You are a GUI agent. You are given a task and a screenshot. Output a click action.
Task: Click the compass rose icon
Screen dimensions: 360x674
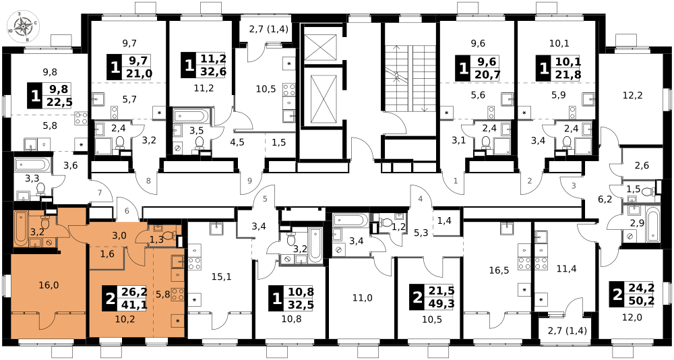point(23,26)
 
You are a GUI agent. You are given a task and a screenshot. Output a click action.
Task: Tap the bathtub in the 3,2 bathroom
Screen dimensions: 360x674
point(21,227)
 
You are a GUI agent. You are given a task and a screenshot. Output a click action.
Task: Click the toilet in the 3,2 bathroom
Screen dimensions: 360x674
point(45,222)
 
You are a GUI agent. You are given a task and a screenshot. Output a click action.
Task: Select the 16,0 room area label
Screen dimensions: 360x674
point(49,285)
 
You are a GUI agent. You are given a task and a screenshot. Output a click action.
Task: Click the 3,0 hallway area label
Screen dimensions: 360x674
point(119,235)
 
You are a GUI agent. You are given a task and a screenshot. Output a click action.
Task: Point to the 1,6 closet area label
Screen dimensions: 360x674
point(107,253)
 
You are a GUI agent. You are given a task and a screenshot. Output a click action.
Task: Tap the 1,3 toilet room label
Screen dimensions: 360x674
point(156,239)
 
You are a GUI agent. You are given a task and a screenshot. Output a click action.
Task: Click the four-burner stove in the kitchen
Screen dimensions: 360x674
point(178,294)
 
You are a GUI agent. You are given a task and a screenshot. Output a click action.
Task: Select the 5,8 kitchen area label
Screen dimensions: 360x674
point(162,294)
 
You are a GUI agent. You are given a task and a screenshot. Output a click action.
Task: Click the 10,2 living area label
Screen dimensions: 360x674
point(125,319)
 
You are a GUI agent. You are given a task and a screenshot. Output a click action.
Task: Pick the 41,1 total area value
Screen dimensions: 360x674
point(133,304)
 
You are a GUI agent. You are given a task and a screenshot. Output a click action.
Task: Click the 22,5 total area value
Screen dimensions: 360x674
point(57,102)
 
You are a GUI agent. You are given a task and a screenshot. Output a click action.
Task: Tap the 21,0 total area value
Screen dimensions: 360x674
point(137,73)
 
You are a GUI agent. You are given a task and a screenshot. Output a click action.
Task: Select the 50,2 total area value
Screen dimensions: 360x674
point(639,301)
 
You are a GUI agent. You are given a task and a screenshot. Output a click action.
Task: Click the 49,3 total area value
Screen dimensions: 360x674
point(440,303)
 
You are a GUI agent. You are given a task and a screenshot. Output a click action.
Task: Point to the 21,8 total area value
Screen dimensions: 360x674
point(565,74)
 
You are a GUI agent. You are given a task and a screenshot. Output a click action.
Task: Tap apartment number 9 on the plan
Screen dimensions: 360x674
point(249,181)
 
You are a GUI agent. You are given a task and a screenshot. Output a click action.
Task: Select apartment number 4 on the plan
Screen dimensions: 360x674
point(420,199)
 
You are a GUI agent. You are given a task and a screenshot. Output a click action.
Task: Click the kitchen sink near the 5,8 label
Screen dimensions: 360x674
point(178,262)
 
